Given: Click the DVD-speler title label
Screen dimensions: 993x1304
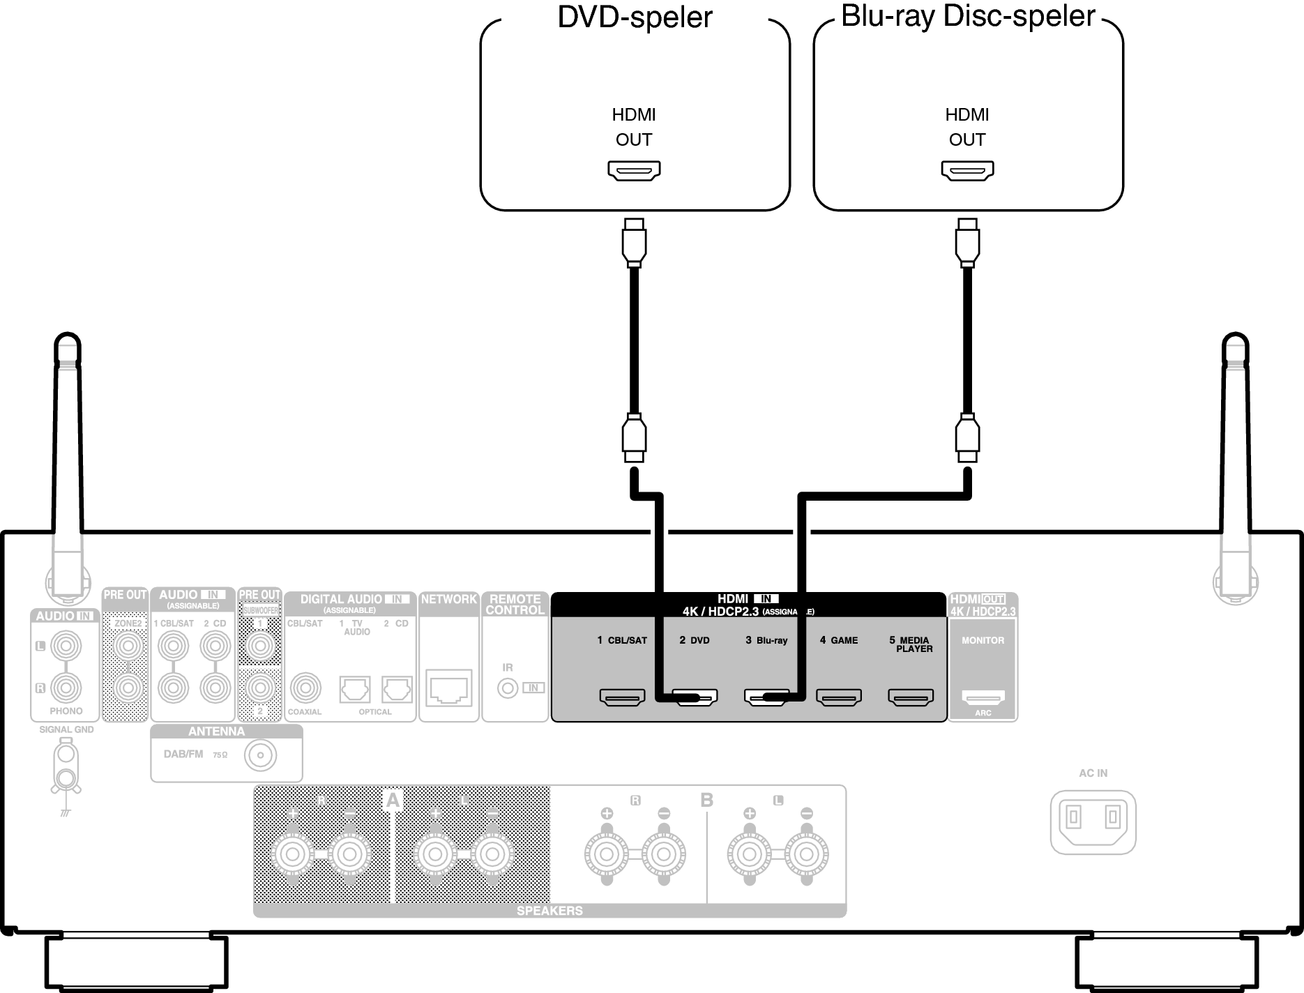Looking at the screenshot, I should pyautogui.click(x=635, y=17).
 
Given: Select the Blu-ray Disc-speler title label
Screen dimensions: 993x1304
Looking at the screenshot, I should pyautogui.click(x=968, y=16).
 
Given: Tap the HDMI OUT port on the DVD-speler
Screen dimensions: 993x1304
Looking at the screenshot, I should pyautogui.click(x=634, y=170).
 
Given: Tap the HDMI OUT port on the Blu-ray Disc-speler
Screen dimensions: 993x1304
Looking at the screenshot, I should pyautogui.click(x=967, y=170).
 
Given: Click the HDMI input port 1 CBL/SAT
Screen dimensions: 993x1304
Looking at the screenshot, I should pyautogui.click(x=622, y=697).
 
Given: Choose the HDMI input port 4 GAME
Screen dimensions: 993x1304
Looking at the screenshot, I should pyautogui.click(x=839, y=697).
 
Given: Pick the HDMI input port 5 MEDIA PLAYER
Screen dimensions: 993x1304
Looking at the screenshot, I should pyautogui.click(x=910, y=697).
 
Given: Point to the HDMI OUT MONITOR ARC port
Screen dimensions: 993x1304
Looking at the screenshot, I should pyautogui.click(x=983, y=697).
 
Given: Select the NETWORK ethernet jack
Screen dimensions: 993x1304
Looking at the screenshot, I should pyautogui.click(x=448, y=688).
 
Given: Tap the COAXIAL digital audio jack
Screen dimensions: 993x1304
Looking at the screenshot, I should pyautogui.click(x=305, y=688).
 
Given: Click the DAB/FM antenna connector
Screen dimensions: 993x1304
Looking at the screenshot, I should pyautogui.click(x=260, y=755).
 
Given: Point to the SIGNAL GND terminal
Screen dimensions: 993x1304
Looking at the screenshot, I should pyautogui.click(x=66, y=767).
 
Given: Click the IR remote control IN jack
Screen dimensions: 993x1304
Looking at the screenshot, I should pyautogui.click(x=508, y=688).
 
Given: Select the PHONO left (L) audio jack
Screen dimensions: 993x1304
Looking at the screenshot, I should pyautogui.click(x=66, y=646).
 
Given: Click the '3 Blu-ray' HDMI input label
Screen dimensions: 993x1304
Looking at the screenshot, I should pyautogui.click(x=766, y=640).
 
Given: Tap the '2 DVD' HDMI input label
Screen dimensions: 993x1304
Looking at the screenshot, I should pyautogui.click(x=695, y=640).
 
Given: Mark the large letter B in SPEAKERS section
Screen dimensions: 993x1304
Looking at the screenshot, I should pyautogui.click(x=706, y=800).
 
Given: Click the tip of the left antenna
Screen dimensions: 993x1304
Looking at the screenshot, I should pyautogui.click(x=67, y=338).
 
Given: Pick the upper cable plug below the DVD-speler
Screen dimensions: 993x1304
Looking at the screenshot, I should pyautogui.click(x=634, y=243).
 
